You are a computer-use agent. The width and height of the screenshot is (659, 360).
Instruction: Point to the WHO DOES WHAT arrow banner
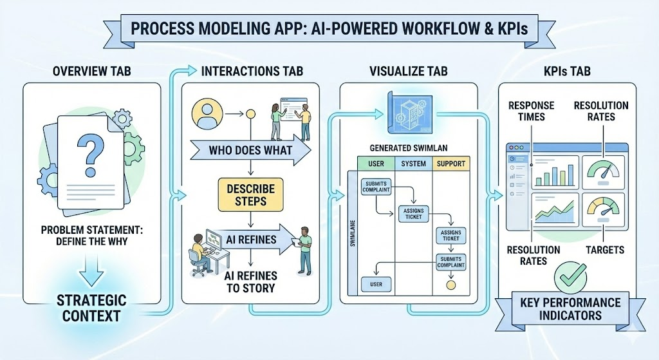tap(250, 151)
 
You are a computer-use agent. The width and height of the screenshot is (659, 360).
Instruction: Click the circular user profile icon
tap(207, 114)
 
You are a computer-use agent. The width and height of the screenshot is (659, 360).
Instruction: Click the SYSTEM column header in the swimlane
tap(413, 164)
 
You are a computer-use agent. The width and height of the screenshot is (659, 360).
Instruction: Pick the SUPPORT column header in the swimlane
tap(450, 164)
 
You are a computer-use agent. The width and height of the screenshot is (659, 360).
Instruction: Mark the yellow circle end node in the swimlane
tap(450, 284)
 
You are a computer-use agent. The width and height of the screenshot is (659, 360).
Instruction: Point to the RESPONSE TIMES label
tap(526, 111)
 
